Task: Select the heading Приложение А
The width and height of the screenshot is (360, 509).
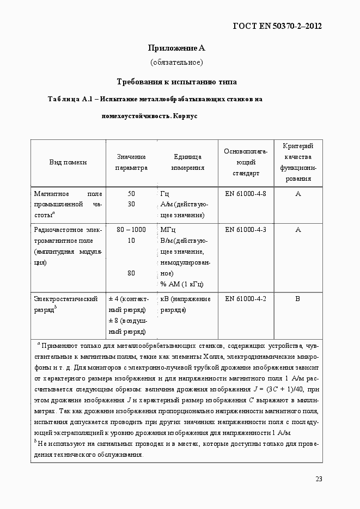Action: (x=176, y=48)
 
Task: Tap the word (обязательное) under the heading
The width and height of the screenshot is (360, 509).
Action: (x=176, y=62)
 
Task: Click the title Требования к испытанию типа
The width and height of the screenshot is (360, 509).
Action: (x=176, y=82)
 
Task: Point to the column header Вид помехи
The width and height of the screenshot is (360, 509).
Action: (x=68, y=162)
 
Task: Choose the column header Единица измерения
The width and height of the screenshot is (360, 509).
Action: (x=187, y=162)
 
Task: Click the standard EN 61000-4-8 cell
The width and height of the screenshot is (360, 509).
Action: (x=245, y=194)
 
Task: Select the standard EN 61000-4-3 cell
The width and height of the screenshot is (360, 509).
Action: (x=245, y=230)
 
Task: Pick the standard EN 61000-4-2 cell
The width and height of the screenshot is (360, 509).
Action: (x=245, y=299)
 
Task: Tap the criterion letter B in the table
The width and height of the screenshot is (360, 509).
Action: (x=298, y=299)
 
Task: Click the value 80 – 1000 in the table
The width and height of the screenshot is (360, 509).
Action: (x=131, y=230)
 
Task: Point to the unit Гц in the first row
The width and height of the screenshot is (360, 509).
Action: (x=165, y=194)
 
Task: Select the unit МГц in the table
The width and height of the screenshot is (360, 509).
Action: (x=168, y=230)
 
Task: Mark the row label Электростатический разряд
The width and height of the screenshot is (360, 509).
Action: (x=65, y=304)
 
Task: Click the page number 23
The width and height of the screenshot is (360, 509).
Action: (x=319, y=479)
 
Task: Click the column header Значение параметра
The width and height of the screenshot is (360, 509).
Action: (x=131, y=162)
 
